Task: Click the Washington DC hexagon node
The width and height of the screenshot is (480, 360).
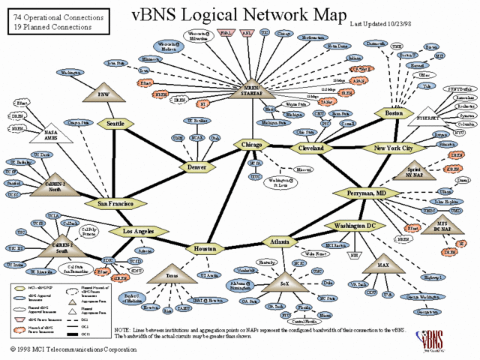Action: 354,225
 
